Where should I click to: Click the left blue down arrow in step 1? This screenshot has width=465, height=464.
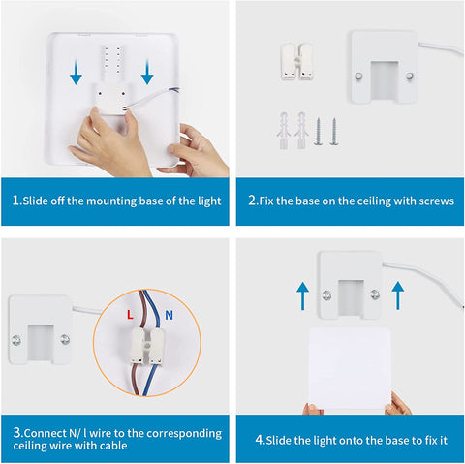[x=76, y=72]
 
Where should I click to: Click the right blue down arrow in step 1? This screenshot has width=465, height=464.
[x=147, y=72]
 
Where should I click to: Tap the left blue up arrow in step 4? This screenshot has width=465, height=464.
[x=302, y=295]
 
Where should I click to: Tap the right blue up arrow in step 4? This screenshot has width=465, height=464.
[x=398, y=295]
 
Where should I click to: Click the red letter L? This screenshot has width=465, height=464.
[x=130, y=314]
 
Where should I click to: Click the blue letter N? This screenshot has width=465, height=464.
[x=169, y=315]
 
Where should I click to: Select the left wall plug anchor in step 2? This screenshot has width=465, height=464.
[x=284, y=131]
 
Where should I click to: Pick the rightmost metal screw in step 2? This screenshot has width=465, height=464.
[x=334, y=132]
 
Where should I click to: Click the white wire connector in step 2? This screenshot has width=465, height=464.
[x=296, y=61]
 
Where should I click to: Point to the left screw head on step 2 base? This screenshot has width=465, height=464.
[x=358, y=77]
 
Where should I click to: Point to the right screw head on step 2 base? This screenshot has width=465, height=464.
[x=409, y=77]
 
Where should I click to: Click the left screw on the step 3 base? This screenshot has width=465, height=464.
[x=16, y=340]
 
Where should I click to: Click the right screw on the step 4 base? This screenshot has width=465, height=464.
[x=375, y=294]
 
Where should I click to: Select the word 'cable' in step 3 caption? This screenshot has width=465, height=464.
[x=113, y=446]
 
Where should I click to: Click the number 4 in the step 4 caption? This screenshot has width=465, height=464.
[x=259, y=440]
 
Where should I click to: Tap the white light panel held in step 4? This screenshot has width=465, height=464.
[x=350, y=369]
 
